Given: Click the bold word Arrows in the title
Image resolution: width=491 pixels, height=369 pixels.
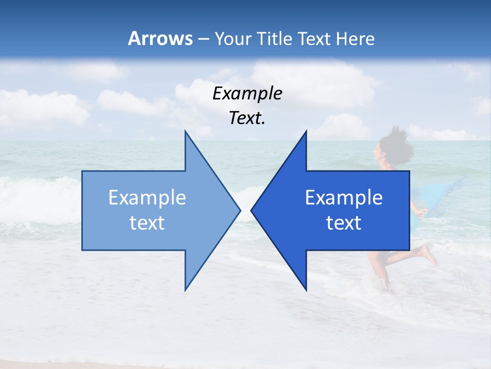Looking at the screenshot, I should pyautogui.click(x=160, y=38).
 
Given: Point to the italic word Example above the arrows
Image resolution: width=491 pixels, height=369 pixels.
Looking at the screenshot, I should pyautogui.click(x=247, y=93).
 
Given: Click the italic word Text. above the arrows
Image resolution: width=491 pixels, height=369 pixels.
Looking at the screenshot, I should pyautogui.click(x=247, y=118).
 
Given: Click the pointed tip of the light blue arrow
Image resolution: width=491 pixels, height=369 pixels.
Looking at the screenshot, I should pyautogui.click(x=239, y=210).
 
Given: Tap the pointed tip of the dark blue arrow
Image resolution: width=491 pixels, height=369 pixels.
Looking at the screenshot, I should pyautogui.click(x=252, y=210).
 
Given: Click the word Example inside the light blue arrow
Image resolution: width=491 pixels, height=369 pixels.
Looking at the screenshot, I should pyautogui.click(x=147, y=198).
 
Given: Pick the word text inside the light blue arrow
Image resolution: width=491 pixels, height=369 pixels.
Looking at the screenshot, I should pyautogui.click(x=147, y=223).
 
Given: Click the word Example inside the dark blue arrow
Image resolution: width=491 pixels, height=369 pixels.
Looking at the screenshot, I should pyautogui.click(x=344, y=198).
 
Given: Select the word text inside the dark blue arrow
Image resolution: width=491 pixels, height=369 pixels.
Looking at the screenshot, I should pyautogui.click(x=344, y=223).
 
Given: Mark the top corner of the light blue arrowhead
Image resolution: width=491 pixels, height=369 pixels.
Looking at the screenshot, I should pyautogui.click(x=185, y=132).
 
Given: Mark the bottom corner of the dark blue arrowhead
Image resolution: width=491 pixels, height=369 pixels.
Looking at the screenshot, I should pyautogui.click(x=306, y=290).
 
